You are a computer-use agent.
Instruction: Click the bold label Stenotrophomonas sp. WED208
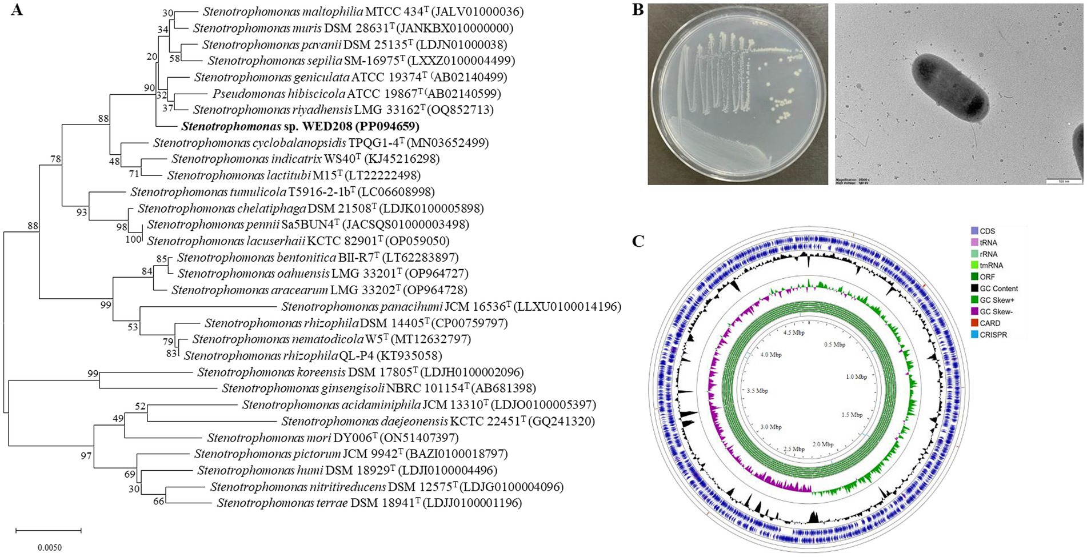click(x=300, y=126)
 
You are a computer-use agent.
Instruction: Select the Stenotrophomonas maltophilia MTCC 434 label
click(x=363, y=11)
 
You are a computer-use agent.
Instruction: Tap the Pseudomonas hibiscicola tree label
click(x=357, y=93)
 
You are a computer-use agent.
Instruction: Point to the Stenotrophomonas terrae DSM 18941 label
click(x=369, y=503)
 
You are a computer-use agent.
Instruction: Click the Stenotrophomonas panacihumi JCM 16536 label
click(x=451, y=307)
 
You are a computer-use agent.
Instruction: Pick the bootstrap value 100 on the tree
click(x=133, y=239)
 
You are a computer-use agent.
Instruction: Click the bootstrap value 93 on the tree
click(x=82, y=213)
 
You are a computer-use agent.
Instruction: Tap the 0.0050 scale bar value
click(x=50, y=547)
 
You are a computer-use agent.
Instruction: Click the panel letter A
click(x=17, y=10)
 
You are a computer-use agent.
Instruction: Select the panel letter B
click(x=638, y=10)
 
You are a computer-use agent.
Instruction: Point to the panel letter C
click(x=638, y=242)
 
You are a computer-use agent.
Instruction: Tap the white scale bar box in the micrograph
click(x=1061, y=181)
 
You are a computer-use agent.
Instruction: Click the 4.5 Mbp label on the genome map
click(x=793, y=332)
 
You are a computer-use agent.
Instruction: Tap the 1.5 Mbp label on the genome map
click(x=852, y=415)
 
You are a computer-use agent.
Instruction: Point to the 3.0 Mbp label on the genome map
click(x=771, y=427)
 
